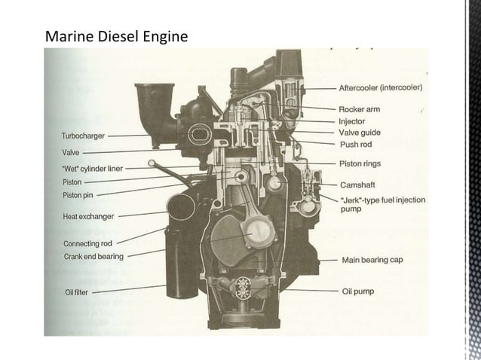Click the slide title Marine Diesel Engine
click(116, 35)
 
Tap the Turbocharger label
click(84, 136)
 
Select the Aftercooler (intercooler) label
click(380, 87)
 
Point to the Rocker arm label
click(359, 109)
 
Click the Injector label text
click(352, 121)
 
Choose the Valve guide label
click(360, 132)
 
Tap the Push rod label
click(354, 143)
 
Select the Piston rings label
click(360, 163)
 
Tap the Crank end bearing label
click(93, 257)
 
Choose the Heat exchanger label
click(88, 217)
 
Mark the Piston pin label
click(78, 196)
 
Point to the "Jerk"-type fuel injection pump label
click(382, 204)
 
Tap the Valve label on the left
click(70, 153)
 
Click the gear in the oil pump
click(243, 286)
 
